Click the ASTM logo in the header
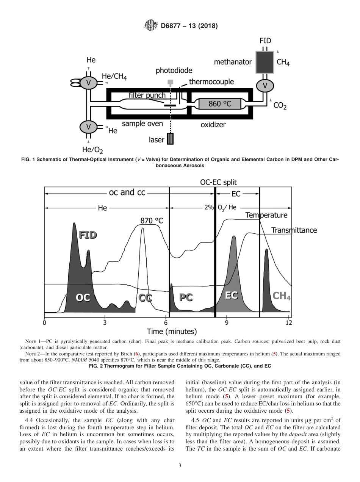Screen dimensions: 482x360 click(x=151, y=26)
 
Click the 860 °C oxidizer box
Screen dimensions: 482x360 click(x=219, y=103)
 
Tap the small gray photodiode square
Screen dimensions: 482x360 click(x=171, y=82)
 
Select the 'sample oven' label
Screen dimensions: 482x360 click(x=142, y=124)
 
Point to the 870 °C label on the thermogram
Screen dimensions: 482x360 click(x=152, y=221)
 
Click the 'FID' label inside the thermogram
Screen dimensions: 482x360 click(x=88, y=235)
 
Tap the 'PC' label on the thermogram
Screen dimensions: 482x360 click(x=186, y=297)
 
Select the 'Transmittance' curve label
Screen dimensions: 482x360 click(x=294, y=230)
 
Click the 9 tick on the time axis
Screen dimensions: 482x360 click(x=227, y=323)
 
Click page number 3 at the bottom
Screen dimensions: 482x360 click(x=180, y=466)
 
